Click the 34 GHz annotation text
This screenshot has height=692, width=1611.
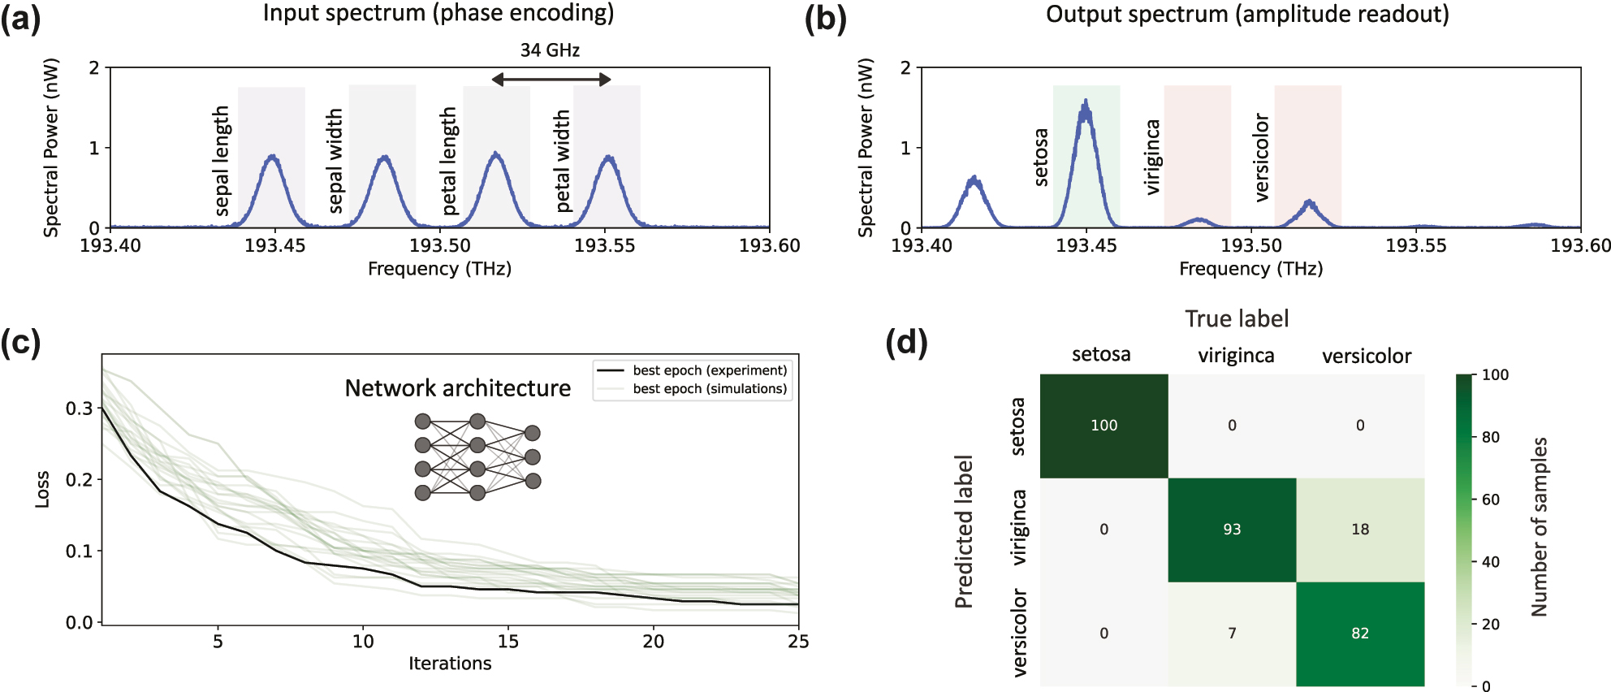(550, 50)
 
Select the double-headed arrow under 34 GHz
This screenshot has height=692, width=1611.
(551, 79)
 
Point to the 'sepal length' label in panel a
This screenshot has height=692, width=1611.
(221, 161)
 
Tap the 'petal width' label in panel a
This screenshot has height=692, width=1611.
(562, 162)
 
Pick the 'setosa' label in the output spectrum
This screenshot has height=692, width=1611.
(1041, 158)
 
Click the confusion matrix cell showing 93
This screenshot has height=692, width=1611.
(1232, 530)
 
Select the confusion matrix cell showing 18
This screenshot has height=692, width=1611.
(1360, 530)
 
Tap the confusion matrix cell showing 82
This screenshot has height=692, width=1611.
(1360, 634)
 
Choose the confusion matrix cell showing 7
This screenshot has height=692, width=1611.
(1232, 634)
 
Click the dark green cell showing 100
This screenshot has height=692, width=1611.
(1104, 426)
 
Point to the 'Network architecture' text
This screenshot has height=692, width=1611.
(457, 388)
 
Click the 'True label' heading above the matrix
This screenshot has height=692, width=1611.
(1237, 318)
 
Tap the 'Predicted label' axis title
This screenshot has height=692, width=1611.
(964, 531)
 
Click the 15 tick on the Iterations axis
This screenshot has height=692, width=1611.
(507, 642)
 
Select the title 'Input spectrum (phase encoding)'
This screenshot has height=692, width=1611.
(438, 13)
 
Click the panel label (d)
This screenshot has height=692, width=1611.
(906, 342)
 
